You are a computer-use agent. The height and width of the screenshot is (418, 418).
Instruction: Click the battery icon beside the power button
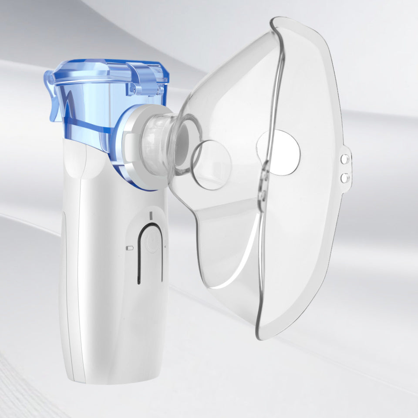129,248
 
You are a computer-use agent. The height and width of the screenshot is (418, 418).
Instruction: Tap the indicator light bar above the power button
151,216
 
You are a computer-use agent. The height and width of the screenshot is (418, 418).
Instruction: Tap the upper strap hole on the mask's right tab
344,159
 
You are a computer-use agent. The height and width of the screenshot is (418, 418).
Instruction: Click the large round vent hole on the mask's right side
279,153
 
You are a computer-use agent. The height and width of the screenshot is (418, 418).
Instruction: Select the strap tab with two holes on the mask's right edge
345,168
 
